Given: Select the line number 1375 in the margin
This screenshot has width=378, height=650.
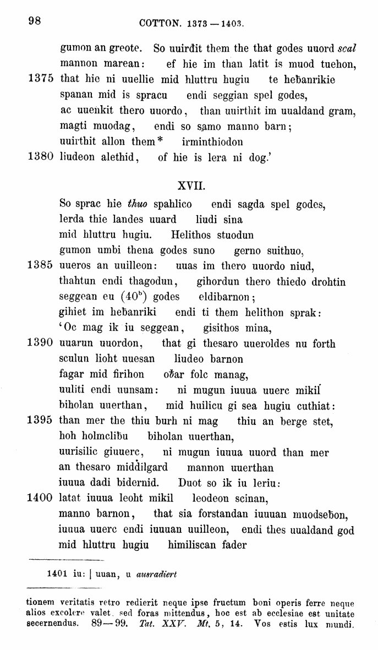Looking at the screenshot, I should point(40,79).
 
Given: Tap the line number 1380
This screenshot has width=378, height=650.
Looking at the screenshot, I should point(40,157).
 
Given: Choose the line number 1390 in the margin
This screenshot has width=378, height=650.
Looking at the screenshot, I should point(40,344).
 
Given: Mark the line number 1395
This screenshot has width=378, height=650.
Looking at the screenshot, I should point(40,422).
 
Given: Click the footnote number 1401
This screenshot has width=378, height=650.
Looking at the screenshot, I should point(57,573).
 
